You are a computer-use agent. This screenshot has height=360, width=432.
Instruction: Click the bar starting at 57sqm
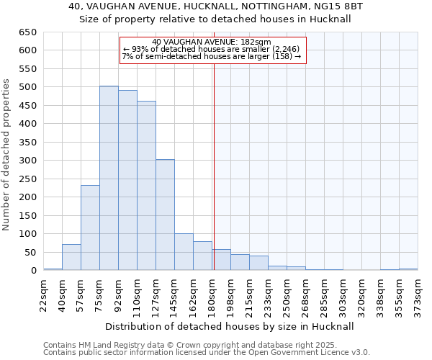click(90, 228)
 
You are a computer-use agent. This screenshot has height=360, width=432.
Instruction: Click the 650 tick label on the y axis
click(27, 32)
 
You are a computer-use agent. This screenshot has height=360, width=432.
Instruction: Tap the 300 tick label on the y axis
click(27, 161)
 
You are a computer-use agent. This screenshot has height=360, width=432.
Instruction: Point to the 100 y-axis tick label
click(27, 234)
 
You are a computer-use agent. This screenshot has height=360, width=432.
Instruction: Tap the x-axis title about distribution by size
click(230, 326)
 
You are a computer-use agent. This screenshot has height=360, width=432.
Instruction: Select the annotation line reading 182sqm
click(212, 42)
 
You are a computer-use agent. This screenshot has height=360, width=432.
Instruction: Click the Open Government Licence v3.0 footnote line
click(207, 353)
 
